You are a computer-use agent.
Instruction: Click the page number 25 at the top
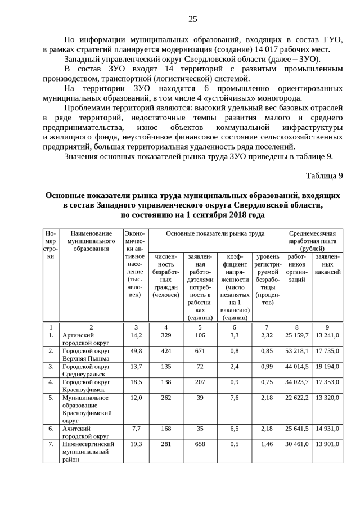point(192,19)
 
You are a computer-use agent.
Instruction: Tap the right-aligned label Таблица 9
point(324,175)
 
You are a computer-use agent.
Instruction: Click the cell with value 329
point(165,335)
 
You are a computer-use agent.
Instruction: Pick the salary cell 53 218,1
point(297,351)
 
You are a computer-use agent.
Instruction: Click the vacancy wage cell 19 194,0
point(327,367)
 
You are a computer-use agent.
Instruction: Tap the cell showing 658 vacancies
point(200,444)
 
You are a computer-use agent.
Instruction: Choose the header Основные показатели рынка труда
point(216,233)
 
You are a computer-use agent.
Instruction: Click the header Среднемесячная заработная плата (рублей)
point(312,241)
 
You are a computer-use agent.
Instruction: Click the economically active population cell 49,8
point(136,351)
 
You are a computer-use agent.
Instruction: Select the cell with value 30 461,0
point(297,444)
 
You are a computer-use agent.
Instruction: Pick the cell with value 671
point(200,351)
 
